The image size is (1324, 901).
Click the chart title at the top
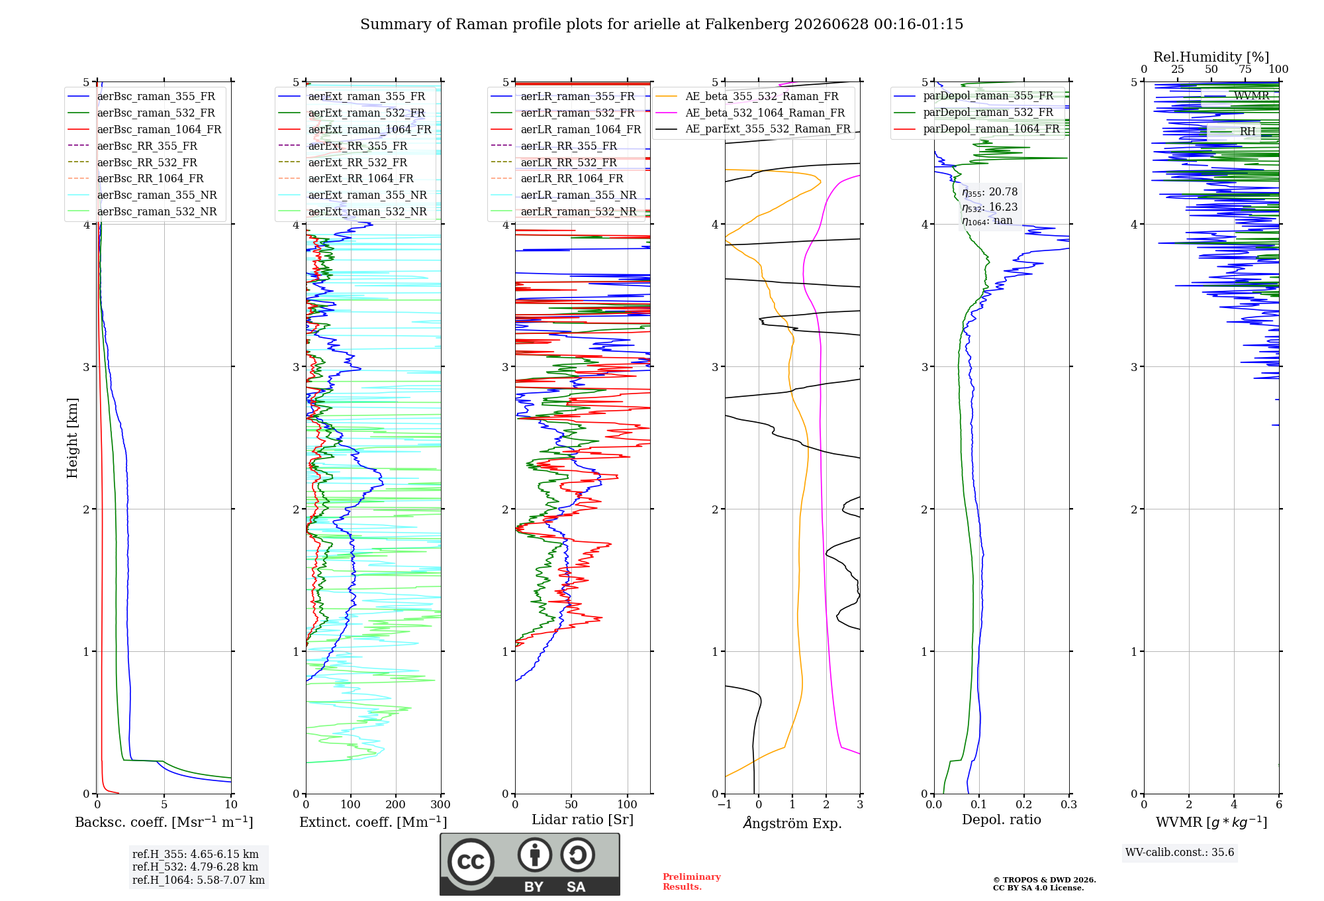(661, 25)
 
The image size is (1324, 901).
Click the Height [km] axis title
(72, 438)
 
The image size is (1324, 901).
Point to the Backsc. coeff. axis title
(164, 822)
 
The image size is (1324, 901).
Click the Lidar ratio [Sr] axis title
(583, 820)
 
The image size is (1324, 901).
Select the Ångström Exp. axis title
(792, 823)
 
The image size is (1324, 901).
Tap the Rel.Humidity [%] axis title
(1211, 57)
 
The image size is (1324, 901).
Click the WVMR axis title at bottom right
(1211, 822)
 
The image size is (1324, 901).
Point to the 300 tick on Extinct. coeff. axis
(440, 805)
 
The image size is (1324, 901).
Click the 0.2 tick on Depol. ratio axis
(1024, 805)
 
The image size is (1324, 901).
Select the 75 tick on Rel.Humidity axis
(1245, 70)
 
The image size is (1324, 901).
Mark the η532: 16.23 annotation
(990, 207)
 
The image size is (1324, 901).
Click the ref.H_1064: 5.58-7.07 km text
(199, 880)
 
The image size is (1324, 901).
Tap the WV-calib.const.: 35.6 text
(1180, 852)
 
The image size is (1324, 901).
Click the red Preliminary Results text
(692, 882)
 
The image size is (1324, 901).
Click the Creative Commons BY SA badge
(530, 865)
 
